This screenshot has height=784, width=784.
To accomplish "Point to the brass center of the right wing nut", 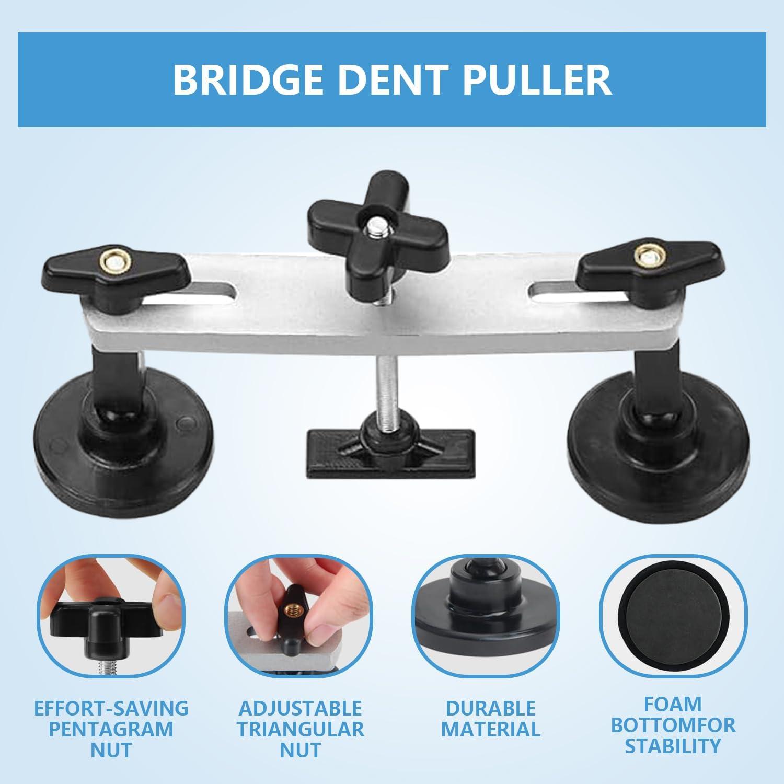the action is coord(646,255).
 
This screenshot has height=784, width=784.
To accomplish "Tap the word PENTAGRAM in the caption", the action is coord(111,729).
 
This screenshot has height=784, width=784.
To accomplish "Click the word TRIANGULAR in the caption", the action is coord(301,729).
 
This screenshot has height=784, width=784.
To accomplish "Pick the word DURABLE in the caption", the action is coord(491,708).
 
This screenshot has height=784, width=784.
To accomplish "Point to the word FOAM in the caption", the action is coord(673,704).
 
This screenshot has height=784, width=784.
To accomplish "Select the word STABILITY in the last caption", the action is coord(673,746).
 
